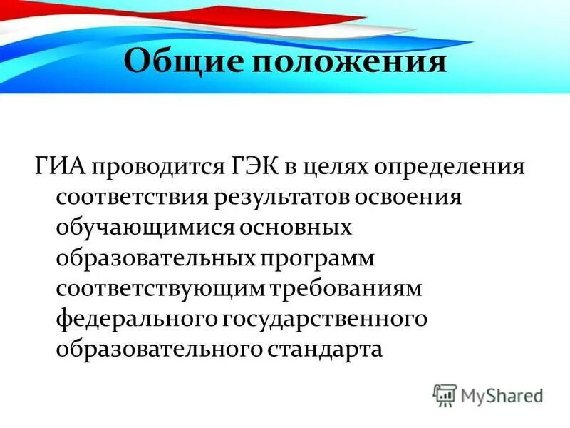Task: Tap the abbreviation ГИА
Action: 60,168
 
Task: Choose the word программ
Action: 320,258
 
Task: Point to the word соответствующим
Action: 160,289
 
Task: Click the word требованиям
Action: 346,289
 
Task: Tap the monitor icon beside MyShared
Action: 445,394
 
